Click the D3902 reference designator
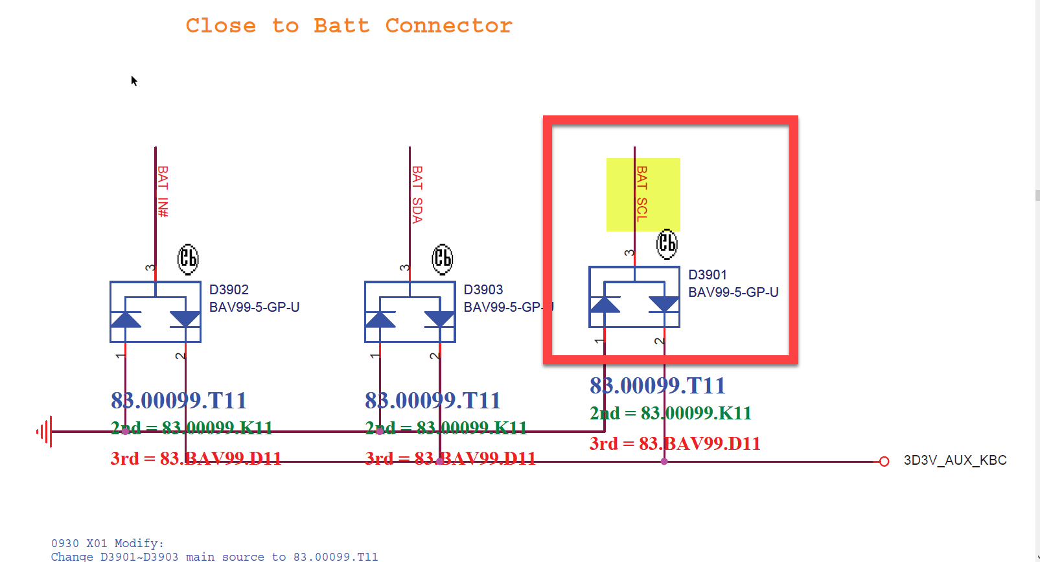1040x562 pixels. point(229,290)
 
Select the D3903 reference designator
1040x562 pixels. point(483,290)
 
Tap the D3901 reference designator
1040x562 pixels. point(707,275)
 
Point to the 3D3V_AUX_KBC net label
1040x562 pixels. point(954,461)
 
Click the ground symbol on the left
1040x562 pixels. point(44,431)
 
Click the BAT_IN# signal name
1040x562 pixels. point(163,191)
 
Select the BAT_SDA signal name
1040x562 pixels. point(417,194)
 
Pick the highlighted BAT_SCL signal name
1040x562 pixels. point(641,194)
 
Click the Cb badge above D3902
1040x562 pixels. point(188,259)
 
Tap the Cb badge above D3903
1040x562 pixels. point(443,259)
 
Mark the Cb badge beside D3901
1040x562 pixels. point(667,244)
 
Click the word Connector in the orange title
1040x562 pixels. point(448,26)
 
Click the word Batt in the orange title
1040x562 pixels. point(341,26)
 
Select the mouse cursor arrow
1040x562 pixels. point(134,81)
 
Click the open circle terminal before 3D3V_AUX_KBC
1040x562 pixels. point(884,462)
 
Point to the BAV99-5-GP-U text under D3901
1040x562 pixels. point(733,292)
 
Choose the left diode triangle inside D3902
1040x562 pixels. point(126,320)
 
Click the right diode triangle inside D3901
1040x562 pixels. point(664,304)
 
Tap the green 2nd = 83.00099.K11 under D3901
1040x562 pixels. point(670,414)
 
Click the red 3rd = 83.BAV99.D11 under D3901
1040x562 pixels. point(675,444)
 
